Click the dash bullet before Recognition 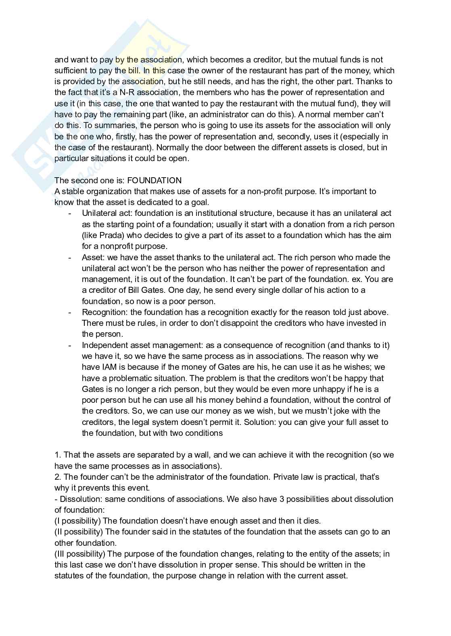(70, 312)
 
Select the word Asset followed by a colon (92, 257)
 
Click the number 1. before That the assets (58, 455)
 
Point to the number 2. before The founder (58, 477)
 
